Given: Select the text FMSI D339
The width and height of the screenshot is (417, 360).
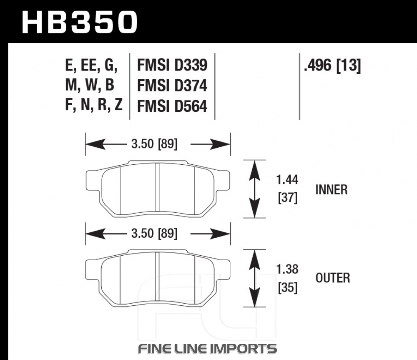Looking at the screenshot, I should (x=172, y=65).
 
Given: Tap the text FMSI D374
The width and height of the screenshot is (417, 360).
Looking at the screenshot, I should (x=172, y=86).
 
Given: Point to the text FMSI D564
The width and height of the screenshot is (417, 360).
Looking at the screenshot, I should (x=172, y=107).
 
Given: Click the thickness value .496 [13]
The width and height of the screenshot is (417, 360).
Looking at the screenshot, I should (x=332, y=65).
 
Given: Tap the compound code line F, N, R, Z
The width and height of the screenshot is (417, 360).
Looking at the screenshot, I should (x=93, y=106).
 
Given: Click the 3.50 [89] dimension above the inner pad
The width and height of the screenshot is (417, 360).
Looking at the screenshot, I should (x=154, y=144).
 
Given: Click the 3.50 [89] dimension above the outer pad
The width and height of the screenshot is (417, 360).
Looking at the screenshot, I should (x=154, y=234).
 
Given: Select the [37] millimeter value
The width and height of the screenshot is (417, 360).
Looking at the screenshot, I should (x=287, y=199).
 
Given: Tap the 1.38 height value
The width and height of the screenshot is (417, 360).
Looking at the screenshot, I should (x=287, y=269).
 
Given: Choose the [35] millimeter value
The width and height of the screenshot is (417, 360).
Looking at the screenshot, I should (x=287, y=288).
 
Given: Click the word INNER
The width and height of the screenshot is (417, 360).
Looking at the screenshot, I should (x=332, y=190).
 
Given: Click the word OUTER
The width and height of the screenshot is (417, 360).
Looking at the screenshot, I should (x=333, y=278).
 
